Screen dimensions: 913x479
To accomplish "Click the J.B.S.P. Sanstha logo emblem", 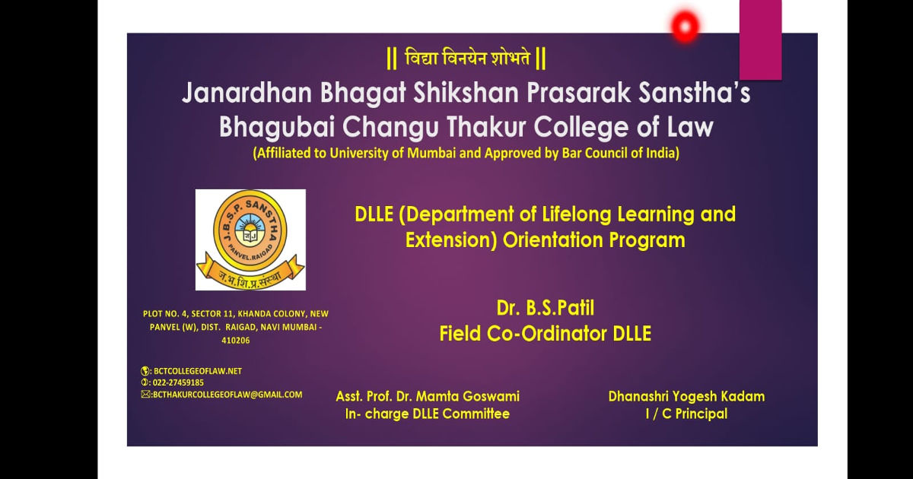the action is tap(250, 239).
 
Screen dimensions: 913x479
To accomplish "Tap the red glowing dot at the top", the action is tap(686, 27).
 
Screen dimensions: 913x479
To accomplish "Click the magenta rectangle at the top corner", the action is tap(761, 40).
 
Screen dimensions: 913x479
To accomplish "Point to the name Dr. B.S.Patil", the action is tap(546, 308).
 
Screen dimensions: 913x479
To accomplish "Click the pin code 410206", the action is tap(236, 341).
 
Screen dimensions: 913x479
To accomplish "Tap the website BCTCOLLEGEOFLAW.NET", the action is tap(198, 371).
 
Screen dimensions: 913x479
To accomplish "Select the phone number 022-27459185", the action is tap(178, 382).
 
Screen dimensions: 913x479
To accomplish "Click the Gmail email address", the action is tap(227, 395).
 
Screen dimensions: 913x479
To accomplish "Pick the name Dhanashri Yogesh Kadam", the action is tap(686, 396).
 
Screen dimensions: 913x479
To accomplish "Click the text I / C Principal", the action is tap(686, 414).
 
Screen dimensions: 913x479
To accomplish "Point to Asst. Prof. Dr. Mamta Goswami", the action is tap(428, 396).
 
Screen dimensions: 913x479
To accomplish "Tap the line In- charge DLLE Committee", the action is tap(428, 414).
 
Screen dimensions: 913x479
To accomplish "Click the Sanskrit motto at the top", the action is tap(466, 59).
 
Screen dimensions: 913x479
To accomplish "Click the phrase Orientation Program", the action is tap(594, 240).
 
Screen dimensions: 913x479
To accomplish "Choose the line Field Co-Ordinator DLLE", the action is tap(546, 334).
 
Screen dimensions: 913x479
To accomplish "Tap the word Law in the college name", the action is tap(690, 127).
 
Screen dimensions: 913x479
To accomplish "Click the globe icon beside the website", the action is tap(145, 371).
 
